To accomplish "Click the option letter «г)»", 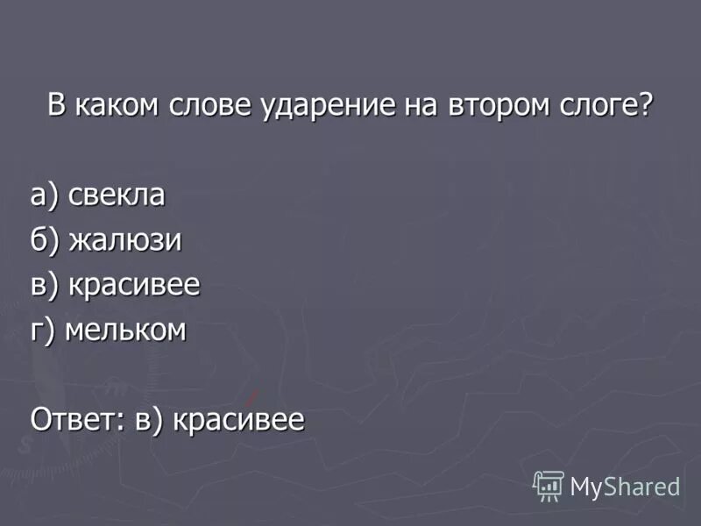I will pyautogui.click(x=43, y=331).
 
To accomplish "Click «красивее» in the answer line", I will pyautogui.click(x=238, y=420).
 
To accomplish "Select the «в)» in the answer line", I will pyautogui.click(x=149, y=421).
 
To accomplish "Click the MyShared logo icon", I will pyautogui.click(x=549, y=486).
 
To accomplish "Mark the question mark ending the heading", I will pyautogui.click(x=647, y=106).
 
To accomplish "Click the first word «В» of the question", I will pyautogui.click(x=56, y=106).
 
